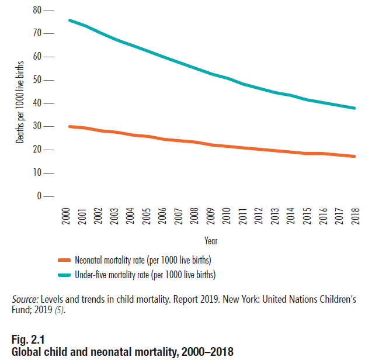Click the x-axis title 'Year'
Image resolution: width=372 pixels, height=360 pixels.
click(211, 240)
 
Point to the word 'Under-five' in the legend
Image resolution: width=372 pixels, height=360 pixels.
click(92, 274)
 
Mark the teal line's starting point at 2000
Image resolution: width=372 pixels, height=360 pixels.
click(69, 20)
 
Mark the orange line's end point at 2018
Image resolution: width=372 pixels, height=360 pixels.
click(354, 156)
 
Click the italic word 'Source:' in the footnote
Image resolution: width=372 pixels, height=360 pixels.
click(24, 299)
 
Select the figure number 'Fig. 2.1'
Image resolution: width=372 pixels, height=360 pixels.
click(27, 340)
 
